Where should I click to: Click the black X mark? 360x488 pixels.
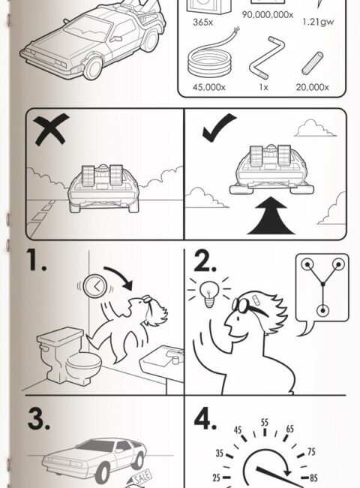click(x=51, y=129)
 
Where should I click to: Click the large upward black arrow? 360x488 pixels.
click(x=271, y=215)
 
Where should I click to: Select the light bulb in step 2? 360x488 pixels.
click(x=209, y=294)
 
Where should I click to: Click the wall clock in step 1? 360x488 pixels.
click(x=95, y=285)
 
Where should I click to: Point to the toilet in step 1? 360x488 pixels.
click(x=69, y=356)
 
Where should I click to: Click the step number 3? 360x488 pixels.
click(x=38, y=419)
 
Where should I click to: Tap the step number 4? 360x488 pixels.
click(x=205, y=419)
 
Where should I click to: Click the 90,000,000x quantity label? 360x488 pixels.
click(x=267, y=14)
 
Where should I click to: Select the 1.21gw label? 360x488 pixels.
click(x=318, y=22)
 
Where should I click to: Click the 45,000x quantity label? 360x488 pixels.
click(x=209, y=87)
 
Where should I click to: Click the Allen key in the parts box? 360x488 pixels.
click(x=267, y=58)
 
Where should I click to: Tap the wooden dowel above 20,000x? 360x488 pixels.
click(x=313, y=63)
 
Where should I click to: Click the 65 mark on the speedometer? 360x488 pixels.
click(x=289, y=429)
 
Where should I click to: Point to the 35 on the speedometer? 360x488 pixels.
click(x=220, y=453)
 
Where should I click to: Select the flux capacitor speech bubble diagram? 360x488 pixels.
click(x=322, y=294)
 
